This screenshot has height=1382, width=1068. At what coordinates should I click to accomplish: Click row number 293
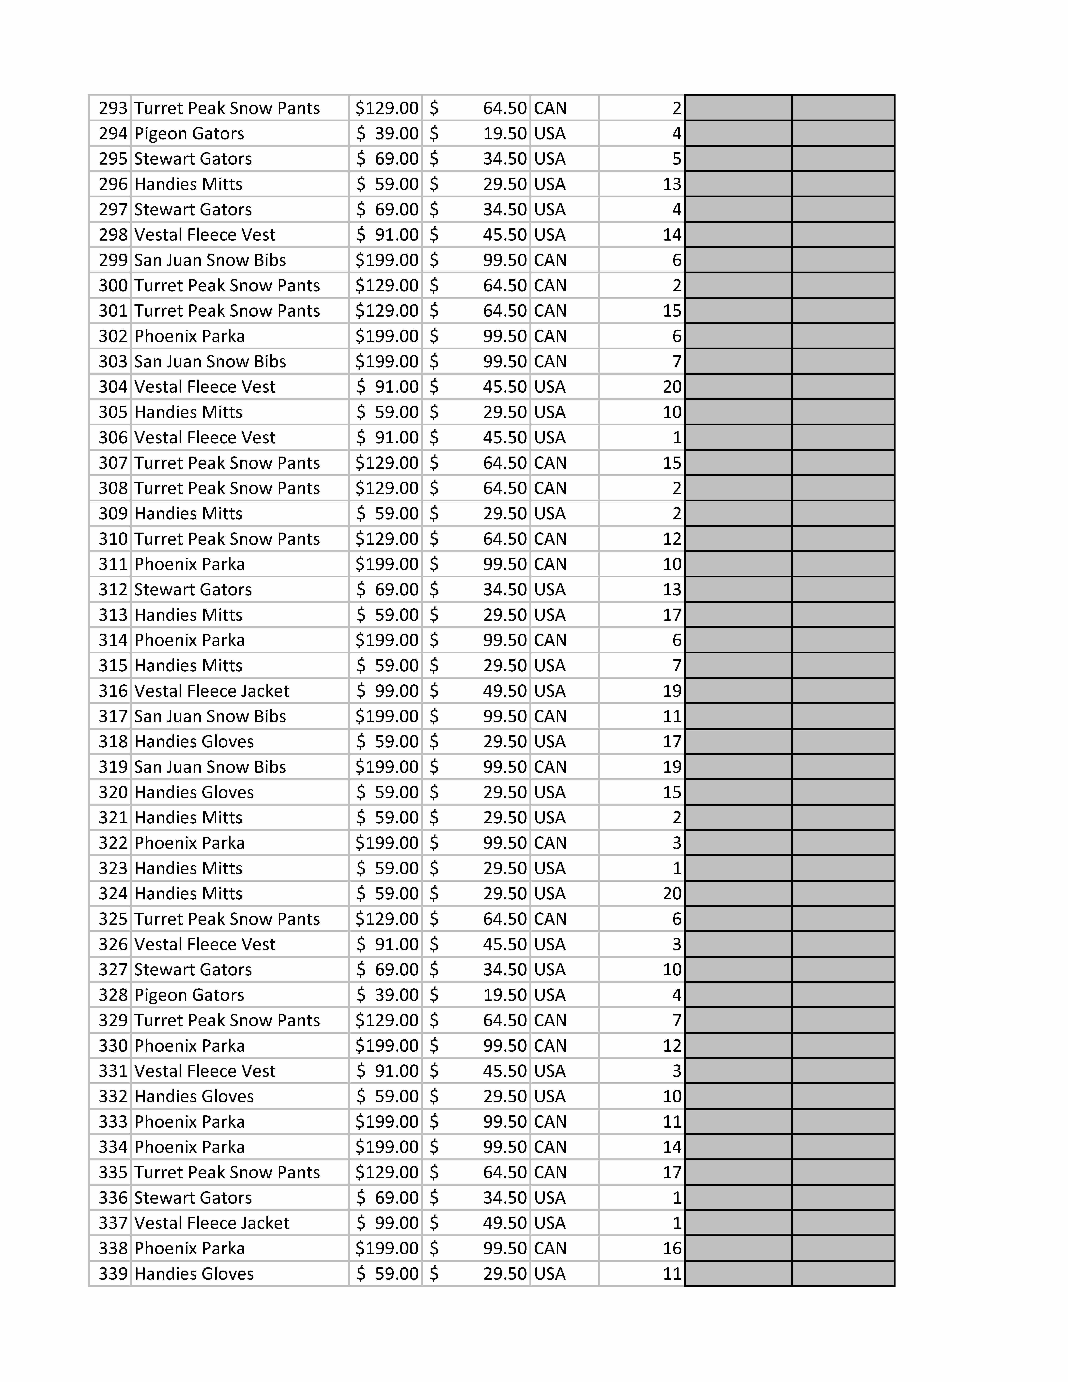click(x=113, y=108)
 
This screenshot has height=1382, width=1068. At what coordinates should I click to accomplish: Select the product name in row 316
click(x=211, y=691)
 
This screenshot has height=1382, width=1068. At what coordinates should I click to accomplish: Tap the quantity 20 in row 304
click(x=672, y=387)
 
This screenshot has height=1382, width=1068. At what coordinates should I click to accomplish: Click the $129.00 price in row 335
click(x=387, y=1173)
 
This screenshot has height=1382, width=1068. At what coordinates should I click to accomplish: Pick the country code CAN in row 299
click(x=550, y=260)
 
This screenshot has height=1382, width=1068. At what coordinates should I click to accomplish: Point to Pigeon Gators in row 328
click(x=188, y=995)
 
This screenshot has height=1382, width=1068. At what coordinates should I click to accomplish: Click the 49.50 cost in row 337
click(x=504, y=1223)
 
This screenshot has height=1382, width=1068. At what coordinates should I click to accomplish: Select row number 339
click(x=113, y=1274)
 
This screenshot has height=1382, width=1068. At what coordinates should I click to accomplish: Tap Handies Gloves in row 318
click(x=194, y=742)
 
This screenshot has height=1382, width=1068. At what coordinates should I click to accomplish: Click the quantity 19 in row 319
click(x=672, y=767)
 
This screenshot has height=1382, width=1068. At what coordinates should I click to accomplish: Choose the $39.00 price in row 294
click(x=387, y=134)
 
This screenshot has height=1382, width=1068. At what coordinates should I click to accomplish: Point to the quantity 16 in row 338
click(x=672, y=1248)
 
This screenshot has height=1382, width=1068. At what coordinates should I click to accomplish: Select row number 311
click(x=113, y=564)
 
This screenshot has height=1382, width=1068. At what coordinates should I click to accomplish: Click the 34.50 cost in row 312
click(x=504, y=589)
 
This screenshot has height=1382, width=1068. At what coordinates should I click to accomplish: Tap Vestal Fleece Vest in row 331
click(x=204, y=1071)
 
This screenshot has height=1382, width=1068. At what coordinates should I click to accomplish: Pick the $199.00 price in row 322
click(x=387, y=843)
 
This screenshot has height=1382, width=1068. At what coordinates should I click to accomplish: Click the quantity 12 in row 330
click(x=672, y=1046)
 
